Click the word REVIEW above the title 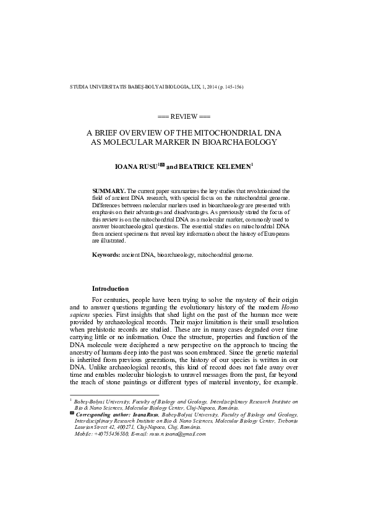click(x=184, y=116)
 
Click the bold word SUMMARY click(x=108, y=192)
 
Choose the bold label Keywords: click(x=106, y=254)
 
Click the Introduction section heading click(x=110, y=288)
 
